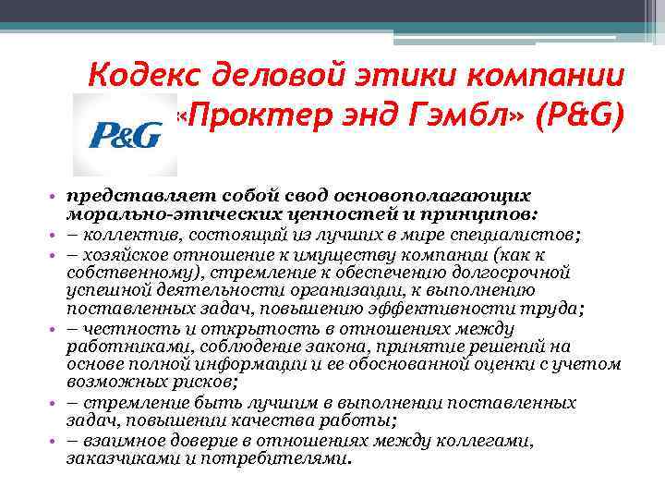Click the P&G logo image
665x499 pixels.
click(x=125, y=136)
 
